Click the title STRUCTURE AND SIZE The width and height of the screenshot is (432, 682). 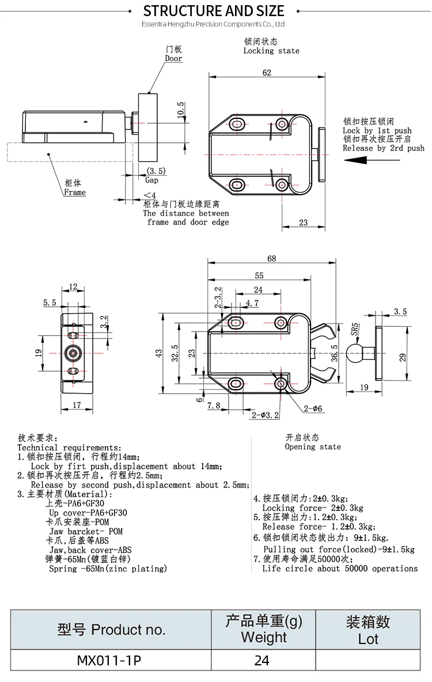pyautogui.click(x=214, y=11)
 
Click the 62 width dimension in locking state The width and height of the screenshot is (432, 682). pyautogui.click(x=266, y=73)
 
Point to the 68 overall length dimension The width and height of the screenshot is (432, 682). pyautogui.click(x=271, y=258)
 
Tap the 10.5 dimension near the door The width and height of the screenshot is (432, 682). pyautogui.click(x=181, y=111)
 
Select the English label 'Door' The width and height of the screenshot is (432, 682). pyautogui.click(x=173, y=59)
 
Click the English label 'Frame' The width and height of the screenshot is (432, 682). pyautogui.click(x=74, y=192)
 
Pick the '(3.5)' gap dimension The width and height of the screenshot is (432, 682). pyautogui.click(x=156, y=171)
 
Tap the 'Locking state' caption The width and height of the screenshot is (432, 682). pyautogui.click(x=271, y=51)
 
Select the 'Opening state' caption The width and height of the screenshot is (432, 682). pyautogui.click(x=313, y=447)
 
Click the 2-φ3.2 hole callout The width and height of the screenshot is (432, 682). pyautogui.click(x=265, y=415)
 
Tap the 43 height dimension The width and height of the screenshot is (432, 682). pyautogui.click(x=159, y=353)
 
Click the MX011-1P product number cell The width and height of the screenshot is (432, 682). pyautogui.click(x=109, y=661)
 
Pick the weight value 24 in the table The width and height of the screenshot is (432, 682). pyautogui.click(x=262, y=661)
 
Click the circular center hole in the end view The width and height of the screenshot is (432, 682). pyautogui.click(x=73, y=353)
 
